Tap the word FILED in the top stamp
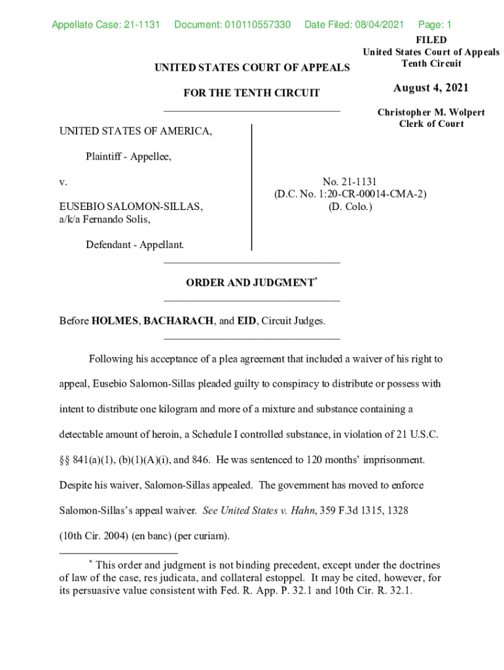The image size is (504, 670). pos(431,41)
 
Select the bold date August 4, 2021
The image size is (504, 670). pos(431,88)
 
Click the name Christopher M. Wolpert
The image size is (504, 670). pos(431,113)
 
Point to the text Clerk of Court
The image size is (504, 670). pos(431,124)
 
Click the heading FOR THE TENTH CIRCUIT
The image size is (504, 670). pos(252,93)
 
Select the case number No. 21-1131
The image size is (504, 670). pos(350,181)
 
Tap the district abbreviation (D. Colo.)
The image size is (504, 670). pos(350,206)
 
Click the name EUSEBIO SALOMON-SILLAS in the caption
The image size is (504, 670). pos(131,206)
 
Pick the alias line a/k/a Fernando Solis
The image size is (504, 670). pos(105,219)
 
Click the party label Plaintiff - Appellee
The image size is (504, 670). pos(128,156)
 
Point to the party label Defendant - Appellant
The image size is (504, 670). pos(135,245)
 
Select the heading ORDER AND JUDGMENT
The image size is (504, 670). pos(249,283)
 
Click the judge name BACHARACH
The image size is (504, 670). pos(179,321)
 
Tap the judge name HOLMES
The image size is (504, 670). pos(115,321)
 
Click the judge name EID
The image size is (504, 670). pos(246,321)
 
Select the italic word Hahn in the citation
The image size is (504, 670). pos(303,510)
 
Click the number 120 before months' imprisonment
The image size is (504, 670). pos(314,460)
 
